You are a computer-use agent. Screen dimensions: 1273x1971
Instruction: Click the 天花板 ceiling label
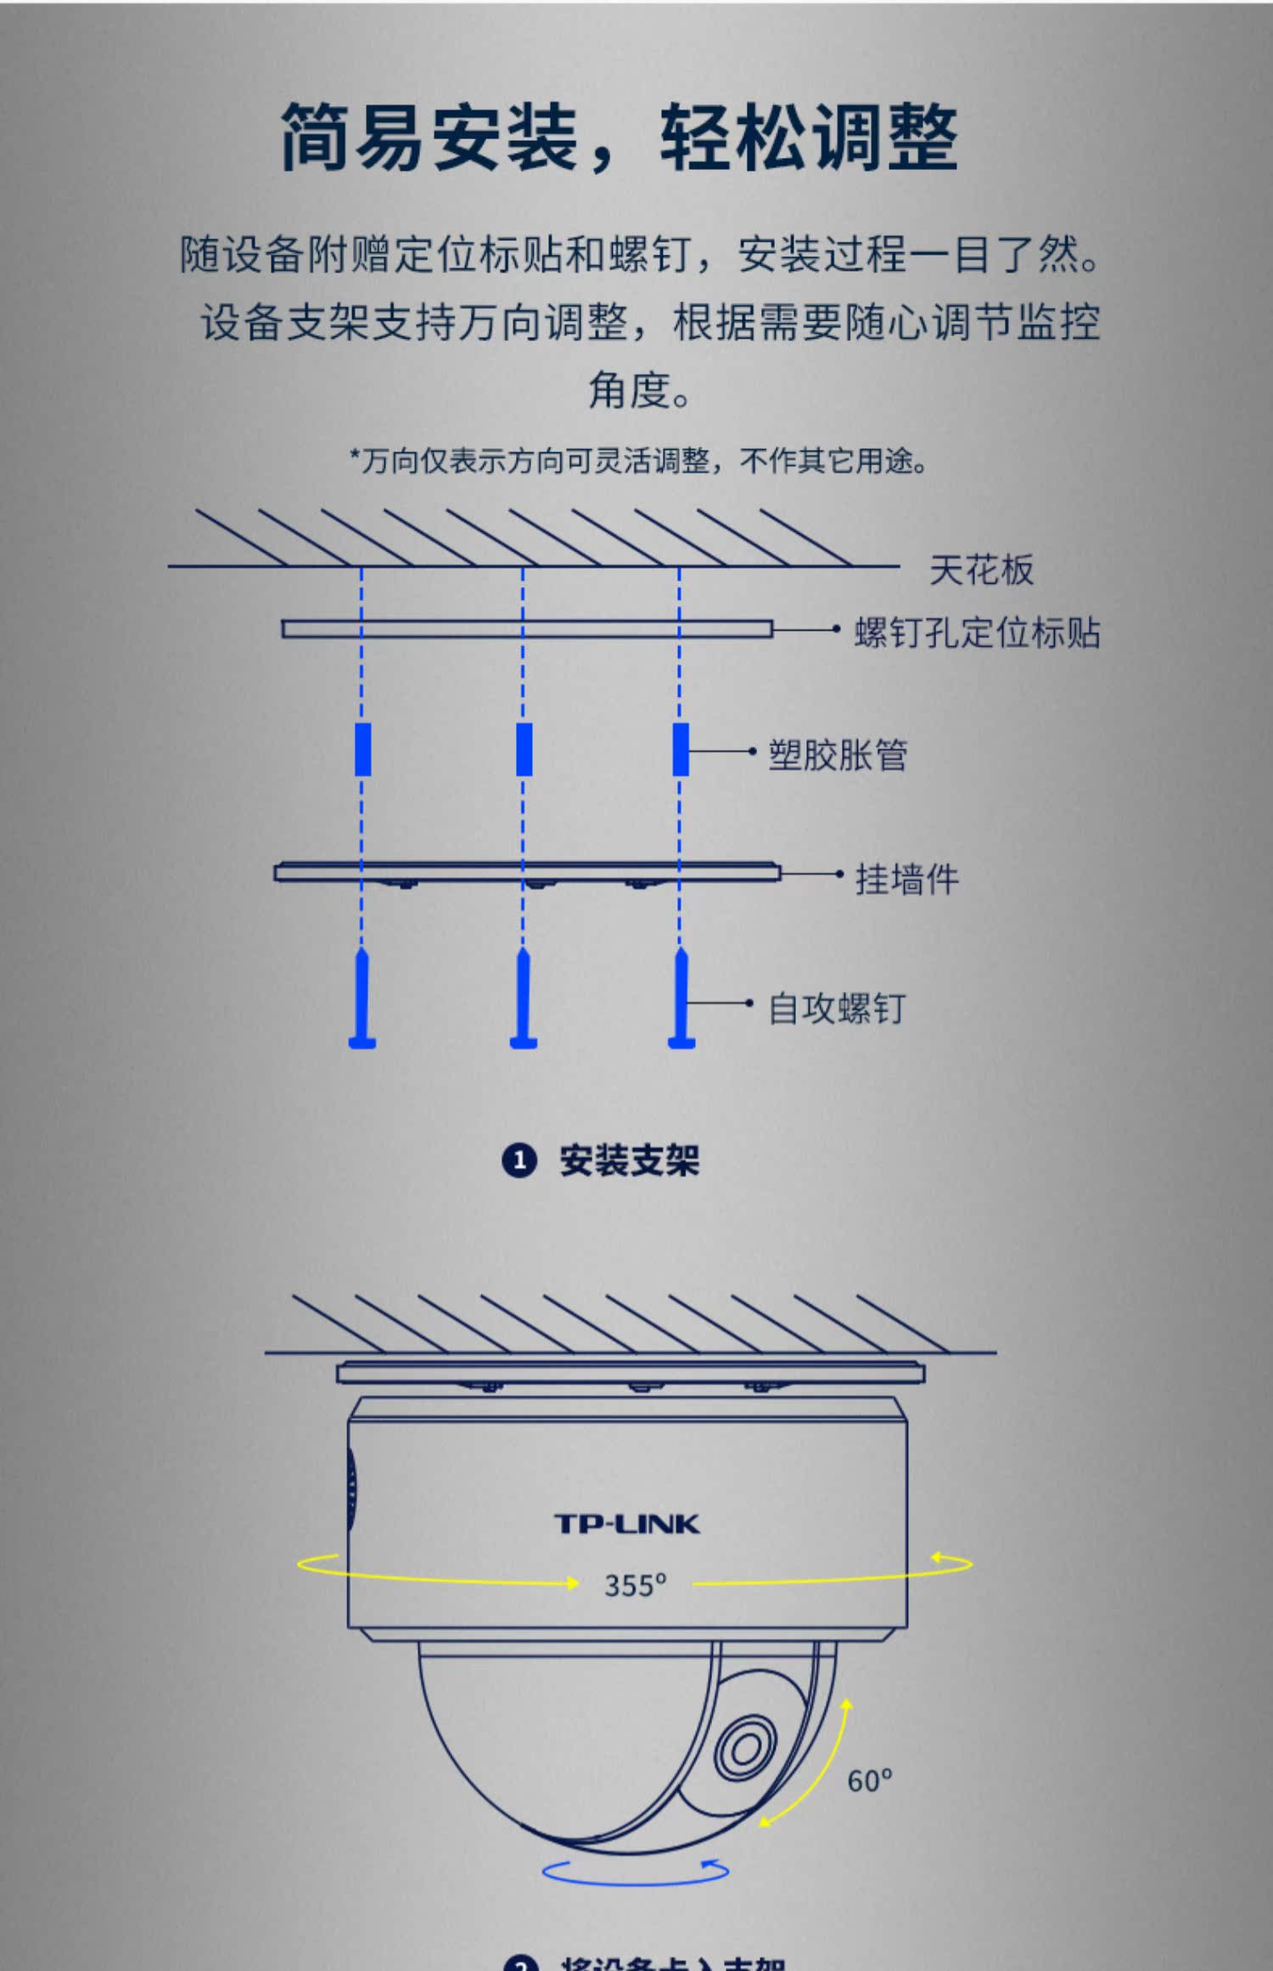(981, 570)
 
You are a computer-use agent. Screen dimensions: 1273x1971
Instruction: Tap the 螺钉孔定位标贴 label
(977, 632)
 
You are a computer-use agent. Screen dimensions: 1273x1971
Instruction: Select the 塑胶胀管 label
(838, 755)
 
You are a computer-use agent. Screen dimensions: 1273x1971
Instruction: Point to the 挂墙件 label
(906, 879)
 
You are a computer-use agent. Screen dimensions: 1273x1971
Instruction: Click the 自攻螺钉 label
(837, 1008)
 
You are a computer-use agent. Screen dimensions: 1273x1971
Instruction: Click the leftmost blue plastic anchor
(362, 750)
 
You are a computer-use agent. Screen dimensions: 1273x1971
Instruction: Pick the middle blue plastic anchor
(524, 750)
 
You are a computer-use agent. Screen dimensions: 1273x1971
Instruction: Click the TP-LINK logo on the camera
(627, 1524)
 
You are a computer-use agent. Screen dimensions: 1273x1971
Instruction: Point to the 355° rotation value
(635, 1585)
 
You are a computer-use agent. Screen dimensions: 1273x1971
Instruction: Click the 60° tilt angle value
(869, 1781)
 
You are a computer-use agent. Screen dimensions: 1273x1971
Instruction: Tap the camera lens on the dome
(744, 1747)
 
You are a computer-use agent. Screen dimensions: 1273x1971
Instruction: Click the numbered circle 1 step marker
(519, 1160)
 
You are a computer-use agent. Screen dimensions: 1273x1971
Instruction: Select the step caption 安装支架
(629, 1160)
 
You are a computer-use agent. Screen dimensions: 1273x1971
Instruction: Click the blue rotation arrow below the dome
(635, 1872)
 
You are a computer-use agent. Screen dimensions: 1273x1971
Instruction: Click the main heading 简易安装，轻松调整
(620, 138)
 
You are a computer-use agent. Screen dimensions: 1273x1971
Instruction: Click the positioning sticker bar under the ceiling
(527, 629)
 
